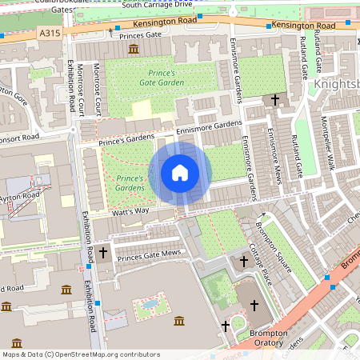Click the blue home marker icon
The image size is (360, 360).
tap(180, 173)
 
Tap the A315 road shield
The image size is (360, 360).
tap(49, 34)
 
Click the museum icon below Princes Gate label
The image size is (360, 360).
tap(133, 50)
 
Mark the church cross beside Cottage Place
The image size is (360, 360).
tap(244, 262)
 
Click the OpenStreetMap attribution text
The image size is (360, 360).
tap(82, 354)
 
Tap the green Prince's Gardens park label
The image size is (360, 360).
tap(130, 182)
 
